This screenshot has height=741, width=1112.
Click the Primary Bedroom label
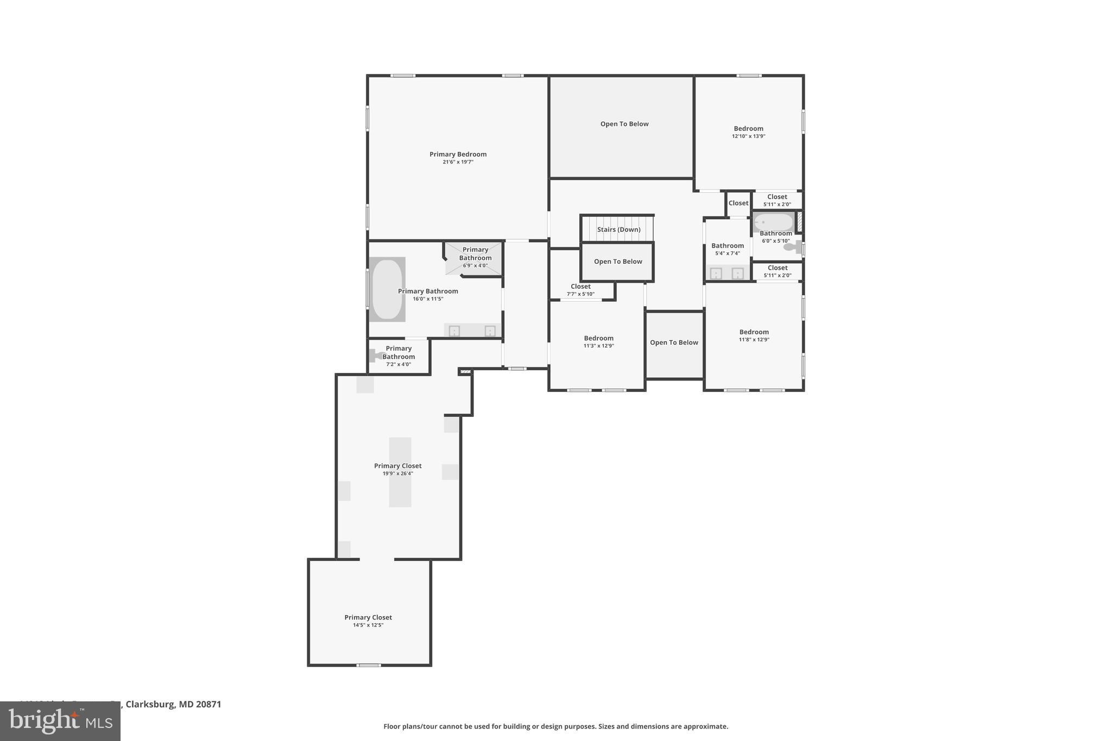point(458,154)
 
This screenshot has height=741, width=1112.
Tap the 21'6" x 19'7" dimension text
point(458,162)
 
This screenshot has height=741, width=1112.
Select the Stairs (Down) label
point(618,230)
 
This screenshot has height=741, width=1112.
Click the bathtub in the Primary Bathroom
point(387,289)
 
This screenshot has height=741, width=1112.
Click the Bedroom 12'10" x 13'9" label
point(748,129)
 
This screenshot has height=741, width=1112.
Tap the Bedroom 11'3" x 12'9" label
point(598,338)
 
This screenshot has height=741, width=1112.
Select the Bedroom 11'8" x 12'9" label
point(754,332)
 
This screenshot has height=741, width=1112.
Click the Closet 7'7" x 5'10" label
point(580,287)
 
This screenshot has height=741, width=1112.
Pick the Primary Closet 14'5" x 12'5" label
point(368,618)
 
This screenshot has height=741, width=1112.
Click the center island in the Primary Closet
point(400,472)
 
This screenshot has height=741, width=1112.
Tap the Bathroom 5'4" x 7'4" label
point(728,246)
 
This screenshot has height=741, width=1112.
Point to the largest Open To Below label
point(624,124)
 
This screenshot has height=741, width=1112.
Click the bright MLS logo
point(60,721)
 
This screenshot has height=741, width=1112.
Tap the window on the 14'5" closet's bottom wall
point(368,665)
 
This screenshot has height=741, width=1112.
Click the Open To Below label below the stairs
point(618,262)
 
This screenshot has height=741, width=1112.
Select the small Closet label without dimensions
point(738,203)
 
